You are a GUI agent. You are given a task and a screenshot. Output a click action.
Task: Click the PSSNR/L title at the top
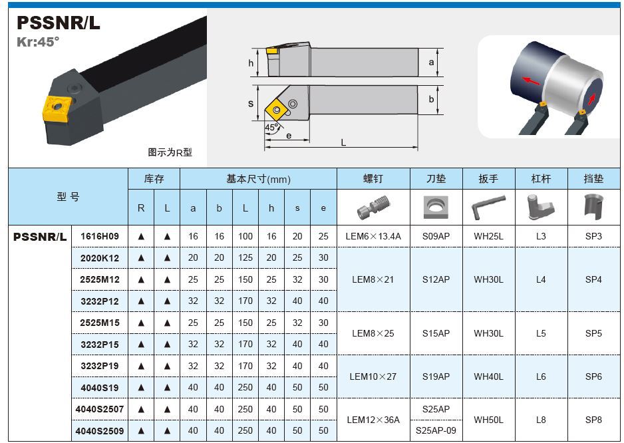pyautogui.click(x=58, y=23)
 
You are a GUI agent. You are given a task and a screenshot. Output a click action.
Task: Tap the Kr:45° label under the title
pyautogui.click(x=38, y=41)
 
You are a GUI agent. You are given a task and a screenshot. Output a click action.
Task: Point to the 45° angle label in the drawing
pyautogui.click(x=272, y=127)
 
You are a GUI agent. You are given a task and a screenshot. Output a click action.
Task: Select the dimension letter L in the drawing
pyautogui.click(x=343, y=142)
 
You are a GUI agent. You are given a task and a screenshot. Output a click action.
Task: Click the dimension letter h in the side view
pyautogui.click(x=251, y=63)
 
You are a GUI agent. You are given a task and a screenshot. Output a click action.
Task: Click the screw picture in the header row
pyautogui.click(x=373, y=207)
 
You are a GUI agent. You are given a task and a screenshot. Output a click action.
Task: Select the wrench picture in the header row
pyautogui.click(x=488, y=207)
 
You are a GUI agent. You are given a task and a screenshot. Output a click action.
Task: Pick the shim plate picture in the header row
pyautogui.click(x=436, y=207)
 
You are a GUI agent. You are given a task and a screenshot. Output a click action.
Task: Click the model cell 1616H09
pyautogui.click(x=100, y=236)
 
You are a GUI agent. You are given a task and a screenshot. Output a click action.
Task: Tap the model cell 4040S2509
pyautogui.click(x=100, y=430)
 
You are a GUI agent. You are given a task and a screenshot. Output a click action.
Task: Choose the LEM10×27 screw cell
pyautogui.click(x=373, y=376)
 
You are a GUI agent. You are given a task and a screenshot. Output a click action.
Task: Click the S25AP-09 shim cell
pyautogui.click(x=436, y=430)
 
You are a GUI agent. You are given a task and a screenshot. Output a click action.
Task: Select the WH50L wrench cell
pyautogui.click(x=488, y=420)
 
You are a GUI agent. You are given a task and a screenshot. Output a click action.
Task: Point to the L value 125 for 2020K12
pyautogui.click(x=245, y=258)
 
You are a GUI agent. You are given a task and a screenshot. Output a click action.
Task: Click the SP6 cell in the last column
pyautogui.click(x=593, y=376)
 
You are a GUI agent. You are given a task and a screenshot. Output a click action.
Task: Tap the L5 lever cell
pyautogui.click(x=541, y=333)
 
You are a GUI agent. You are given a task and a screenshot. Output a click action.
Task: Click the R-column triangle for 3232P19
pyautogui.click(x=141, y=367)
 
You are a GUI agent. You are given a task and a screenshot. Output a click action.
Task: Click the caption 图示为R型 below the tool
pyautogui.click(x=170, y=152)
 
